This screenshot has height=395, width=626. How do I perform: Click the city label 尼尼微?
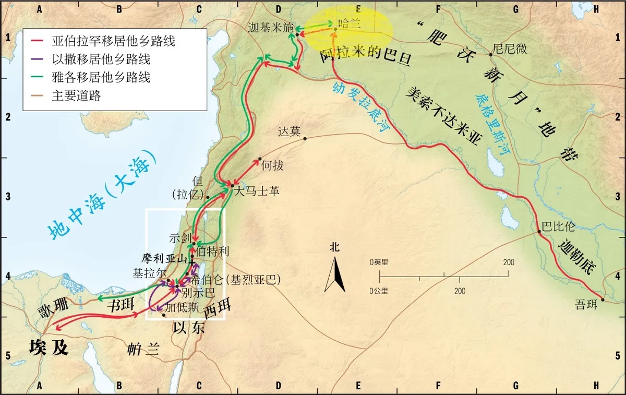(x=511, y=49)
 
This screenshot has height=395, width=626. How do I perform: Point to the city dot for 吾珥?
(x=603, y=300)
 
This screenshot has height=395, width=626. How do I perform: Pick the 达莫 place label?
(x=290, y=131)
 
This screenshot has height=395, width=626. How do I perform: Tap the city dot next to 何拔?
(x=260, y=159)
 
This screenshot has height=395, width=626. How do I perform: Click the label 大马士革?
(x=257, y=191)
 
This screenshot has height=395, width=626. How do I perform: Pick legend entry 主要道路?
(x=76, y=95)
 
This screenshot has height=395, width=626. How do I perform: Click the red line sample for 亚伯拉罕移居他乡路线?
(x=38, y=41)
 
